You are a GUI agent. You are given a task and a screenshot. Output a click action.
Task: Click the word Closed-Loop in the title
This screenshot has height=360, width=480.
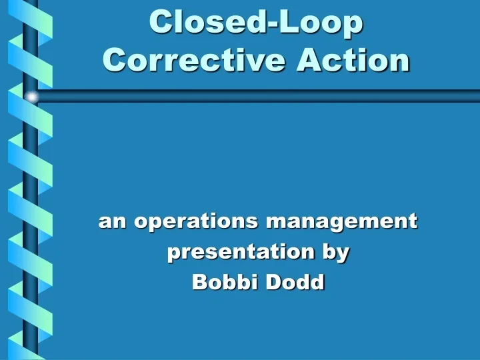click(x=257, y=21)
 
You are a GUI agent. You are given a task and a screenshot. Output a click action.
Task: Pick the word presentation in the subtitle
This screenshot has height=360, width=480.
click(x=240, y=253)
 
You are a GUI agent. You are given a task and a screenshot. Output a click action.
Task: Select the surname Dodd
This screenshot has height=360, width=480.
click(x=295, y=282)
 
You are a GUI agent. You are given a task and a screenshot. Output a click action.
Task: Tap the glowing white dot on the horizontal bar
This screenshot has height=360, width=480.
click(x=31, y=97)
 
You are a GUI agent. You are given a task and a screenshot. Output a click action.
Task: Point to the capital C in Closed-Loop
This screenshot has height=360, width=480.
click(x=161, y=21)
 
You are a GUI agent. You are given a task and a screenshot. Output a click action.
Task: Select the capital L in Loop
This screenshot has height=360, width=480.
click(x=289, y=21)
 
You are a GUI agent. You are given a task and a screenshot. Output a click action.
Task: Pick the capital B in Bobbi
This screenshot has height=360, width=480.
click(x=199, y=282)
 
